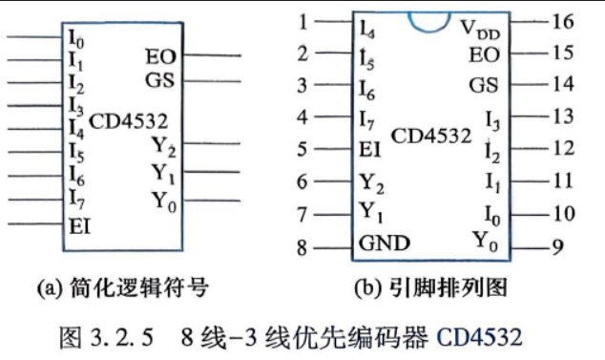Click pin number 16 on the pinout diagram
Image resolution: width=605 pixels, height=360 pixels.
click(563, 22)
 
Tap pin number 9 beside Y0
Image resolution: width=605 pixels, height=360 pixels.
click(557, 246)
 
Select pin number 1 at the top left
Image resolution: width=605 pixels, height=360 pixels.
click(303, 22)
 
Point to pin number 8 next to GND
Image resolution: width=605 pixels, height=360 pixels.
click(302, 247)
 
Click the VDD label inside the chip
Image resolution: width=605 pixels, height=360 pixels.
click(480, 30)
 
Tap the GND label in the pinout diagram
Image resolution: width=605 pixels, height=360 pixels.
click(385, 243)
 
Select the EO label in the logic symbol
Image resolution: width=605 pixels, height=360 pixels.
click(160, 56)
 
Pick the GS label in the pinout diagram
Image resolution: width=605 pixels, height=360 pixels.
click(484, 85)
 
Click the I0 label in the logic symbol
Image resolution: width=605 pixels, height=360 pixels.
click(76, 39)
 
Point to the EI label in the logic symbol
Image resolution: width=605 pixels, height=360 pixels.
click(80, 226)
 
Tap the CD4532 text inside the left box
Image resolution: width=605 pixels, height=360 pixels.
click(129, 121)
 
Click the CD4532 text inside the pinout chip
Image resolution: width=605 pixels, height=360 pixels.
click(431, 136)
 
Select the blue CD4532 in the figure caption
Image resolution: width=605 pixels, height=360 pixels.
click(480, 336)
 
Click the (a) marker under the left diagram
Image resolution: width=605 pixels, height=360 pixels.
click(50, 288)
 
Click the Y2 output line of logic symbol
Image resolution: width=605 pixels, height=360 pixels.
click(212, 143)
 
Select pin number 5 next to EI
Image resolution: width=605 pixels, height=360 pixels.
click(302, 149)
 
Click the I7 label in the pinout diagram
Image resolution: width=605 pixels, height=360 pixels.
click(366, 120)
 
